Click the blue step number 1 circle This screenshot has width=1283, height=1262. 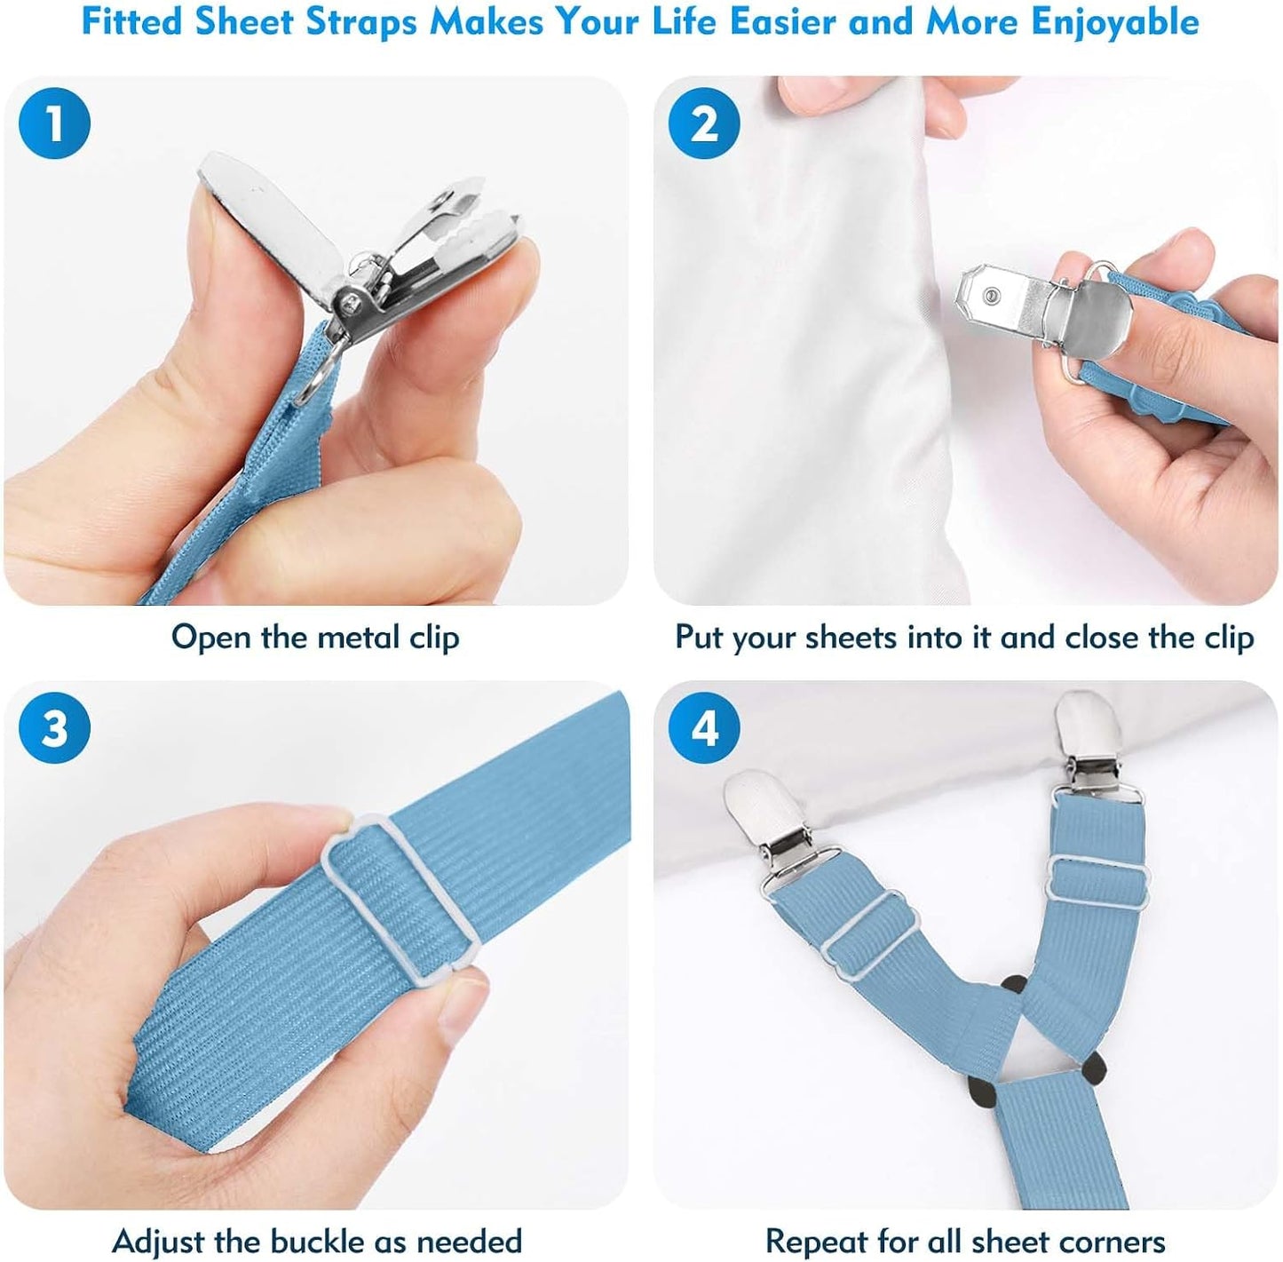[x=54, y=123]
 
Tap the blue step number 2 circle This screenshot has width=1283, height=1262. [x=704, y=123]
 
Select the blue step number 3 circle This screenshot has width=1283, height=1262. [x=54, y=727]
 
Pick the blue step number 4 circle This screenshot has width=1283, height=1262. [x=704, y=727]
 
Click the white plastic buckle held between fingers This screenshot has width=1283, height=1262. [x=400, y=902]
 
